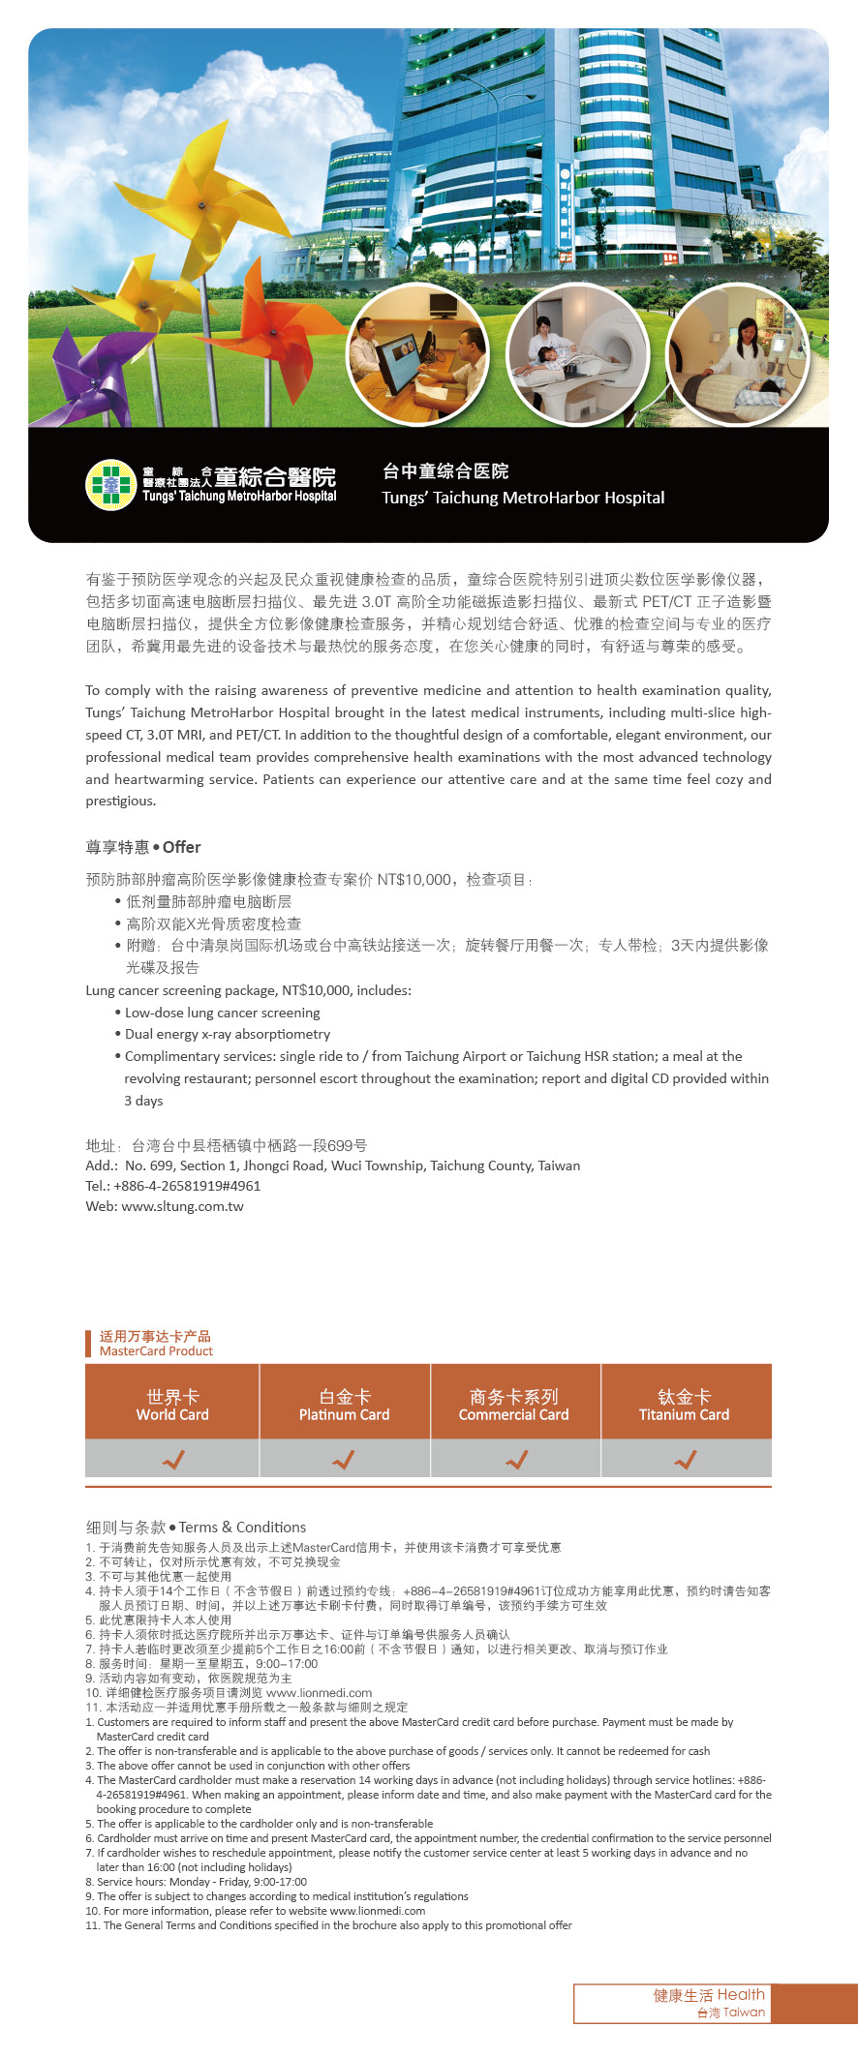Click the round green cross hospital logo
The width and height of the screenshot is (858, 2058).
click(x=110, y=485)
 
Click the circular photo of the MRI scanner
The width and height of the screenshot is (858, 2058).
click(x=577, y=355)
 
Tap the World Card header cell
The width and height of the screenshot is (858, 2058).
click(x=172, y=1404)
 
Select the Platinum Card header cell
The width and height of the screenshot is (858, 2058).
click(x=344, y=1404)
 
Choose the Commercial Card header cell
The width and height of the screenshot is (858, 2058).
click(x=514, y=1404)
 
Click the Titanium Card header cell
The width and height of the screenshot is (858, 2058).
click(x=685, y=1404)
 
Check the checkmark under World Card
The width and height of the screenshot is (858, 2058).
click(x=173, y=1459)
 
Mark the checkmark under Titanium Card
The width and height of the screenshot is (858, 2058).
click(x=686, y=1459)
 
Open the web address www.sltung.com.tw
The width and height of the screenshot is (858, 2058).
click(x=182, y=1206)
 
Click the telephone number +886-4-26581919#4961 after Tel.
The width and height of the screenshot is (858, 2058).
click(x=187, y=1186)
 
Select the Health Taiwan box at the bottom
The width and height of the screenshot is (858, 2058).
click(x=710, y=2003)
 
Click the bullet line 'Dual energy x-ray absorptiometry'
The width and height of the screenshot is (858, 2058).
click(x=228, y=1034)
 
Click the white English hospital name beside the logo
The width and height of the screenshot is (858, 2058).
click(x=523, y=498)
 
